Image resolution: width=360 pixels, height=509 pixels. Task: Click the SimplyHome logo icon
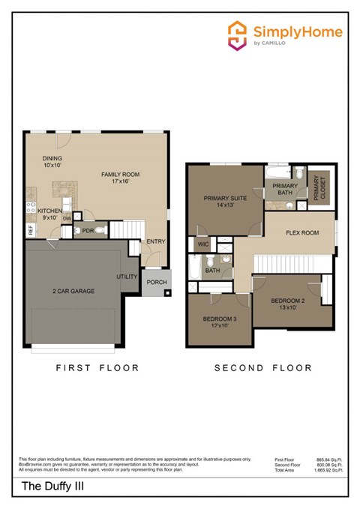click(x=238, y=35)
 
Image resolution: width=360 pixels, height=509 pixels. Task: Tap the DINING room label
click(x=52, y=158)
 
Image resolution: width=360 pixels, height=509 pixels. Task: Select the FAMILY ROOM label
click(x=121, y=175)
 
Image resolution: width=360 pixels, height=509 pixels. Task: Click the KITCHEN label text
click(x=49, y=211)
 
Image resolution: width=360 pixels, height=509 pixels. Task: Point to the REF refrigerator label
click(x=31, y=230)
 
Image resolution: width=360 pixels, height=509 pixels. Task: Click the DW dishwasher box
click(x=67, y=218)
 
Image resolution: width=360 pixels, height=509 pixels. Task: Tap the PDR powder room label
click(x=87, y=231)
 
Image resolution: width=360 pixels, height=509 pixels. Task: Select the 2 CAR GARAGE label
click(x=73, y=291)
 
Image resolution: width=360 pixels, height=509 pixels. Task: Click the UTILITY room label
click(x=127, y=277)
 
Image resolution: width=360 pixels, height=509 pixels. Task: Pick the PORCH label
click(x=156, y=283)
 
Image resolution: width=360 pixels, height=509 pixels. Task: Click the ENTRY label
click(x=156, y=241)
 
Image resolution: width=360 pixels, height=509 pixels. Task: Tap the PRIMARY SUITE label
click(x=225, y=199)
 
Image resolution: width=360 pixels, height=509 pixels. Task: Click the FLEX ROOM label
click(x=302, y=232)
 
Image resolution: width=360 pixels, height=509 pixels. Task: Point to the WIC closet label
click(x=202, y=244)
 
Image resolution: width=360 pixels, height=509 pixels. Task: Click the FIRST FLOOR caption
click(x=98, y=367)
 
